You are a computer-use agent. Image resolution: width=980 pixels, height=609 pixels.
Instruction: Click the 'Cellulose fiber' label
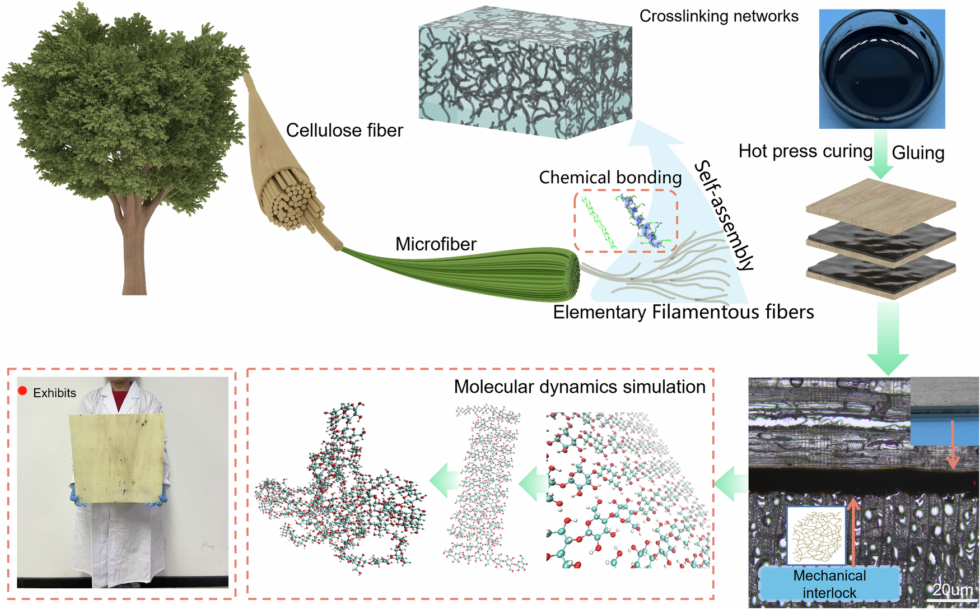344,131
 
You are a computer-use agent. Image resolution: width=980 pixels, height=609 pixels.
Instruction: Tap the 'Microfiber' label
436,244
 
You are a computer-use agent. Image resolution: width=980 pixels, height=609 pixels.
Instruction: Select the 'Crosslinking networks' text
718,16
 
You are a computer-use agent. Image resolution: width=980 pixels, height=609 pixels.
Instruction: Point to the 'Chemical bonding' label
610,178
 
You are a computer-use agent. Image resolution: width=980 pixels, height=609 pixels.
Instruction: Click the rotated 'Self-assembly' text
725,215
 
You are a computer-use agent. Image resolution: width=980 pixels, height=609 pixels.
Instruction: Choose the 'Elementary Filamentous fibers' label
683,312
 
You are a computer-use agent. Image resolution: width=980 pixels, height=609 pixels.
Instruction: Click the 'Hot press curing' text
805,151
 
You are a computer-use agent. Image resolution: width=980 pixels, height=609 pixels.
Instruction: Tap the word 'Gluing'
918,153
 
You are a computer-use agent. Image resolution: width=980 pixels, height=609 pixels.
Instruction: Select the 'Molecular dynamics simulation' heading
579,387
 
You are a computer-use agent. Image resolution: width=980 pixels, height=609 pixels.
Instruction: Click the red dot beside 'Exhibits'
22,391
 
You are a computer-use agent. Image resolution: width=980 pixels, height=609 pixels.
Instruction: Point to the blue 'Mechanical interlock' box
829,584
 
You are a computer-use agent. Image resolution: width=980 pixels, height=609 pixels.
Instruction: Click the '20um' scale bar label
953,590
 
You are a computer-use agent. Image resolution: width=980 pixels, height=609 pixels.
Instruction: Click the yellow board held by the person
118,458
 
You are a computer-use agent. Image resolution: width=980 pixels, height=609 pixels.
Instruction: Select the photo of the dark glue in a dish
881,69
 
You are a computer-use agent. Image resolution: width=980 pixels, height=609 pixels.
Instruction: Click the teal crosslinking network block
525,73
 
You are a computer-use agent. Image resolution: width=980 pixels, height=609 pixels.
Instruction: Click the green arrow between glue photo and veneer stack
880,155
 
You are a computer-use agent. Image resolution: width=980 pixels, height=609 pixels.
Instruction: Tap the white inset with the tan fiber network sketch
816,536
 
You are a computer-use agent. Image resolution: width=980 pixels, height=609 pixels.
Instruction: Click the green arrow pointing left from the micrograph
731,484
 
